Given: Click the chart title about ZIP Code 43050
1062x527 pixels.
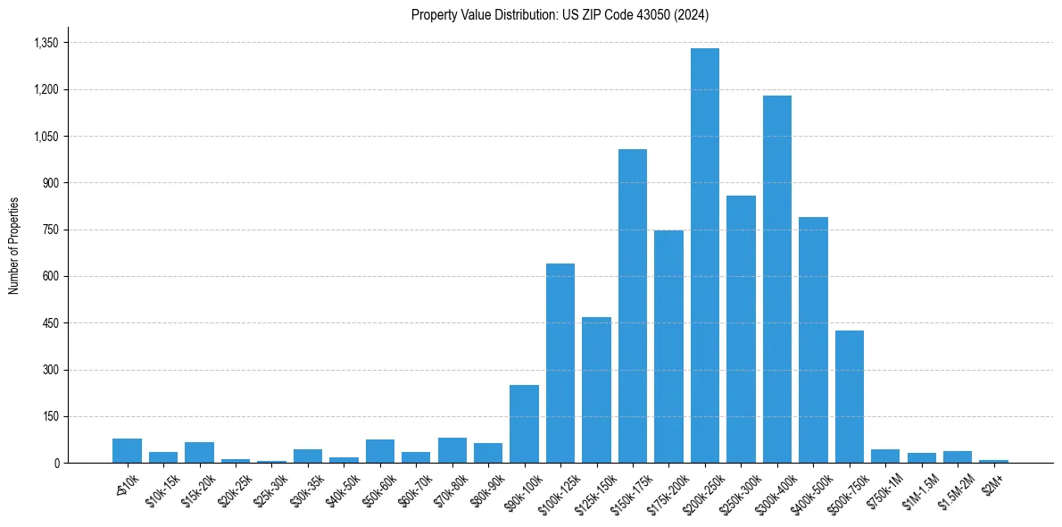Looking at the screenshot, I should [x=560, y=14].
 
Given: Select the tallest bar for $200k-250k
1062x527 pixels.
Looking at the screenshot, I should [x=705, y=255].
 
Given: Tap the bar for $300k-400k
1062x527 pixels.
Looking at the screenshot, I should [x=777, y=279].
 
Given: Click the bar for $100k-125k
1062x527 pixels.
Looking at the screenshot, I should [x=560, y=363].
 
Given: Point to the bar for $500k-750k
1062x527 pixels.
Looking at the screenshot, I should [x=850, y=397].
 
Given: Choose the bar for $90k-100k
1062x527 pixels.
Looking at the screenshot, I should [x=524, y=423].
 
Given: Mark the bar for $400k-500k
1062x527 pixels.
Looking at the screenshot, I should [x=813, y=339].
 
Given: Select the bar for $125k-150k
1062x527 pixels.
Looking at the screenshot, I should [x=596, y=389].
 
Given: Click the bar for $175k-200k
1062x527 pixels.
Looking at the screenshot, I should [x=668, y=347].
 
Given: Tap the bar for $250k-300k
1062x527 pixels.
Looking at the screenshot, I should [x=741, y=329].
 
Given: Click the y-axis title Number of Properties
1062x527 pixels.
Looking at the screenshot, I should [x=14, y=245].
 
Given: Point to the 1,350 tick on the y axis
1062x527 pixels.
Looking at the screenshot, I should [x=46, y=43].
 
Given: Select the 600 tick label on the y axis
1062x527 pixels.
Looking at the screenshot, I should [x=51, y=276].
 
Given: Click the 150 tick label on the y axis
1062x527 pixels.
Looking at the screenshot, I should [x=51, y=416].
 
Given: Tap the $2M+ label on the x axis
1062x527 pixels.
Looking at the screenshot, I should [x=991, y=482].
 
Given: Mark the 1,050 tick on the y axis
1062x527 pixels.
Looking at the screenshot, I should [x=46, y=137].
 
